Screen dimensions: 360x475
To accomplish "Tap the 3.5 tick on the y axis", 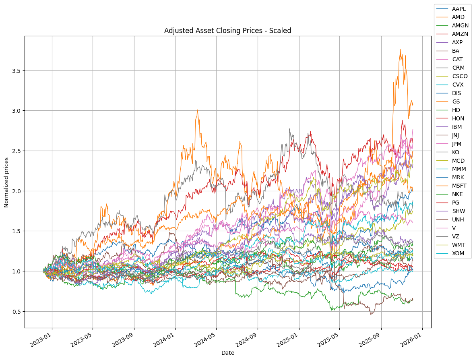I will click(x=16, y=71).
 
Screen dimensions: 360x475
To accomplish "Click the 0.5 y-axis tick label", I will click(x=16, y=312).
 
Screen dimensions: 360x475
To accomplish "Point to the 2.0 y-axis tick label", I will click(x=16, y=191).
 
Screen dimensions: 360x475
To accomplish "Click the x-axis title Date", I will click(x=228, y=353).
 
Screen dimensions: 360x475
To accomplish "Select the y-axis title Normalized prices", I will click(x=6, y=182).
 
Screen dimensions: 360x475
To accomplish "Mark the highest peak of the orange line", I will click(x=400, y=50).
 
